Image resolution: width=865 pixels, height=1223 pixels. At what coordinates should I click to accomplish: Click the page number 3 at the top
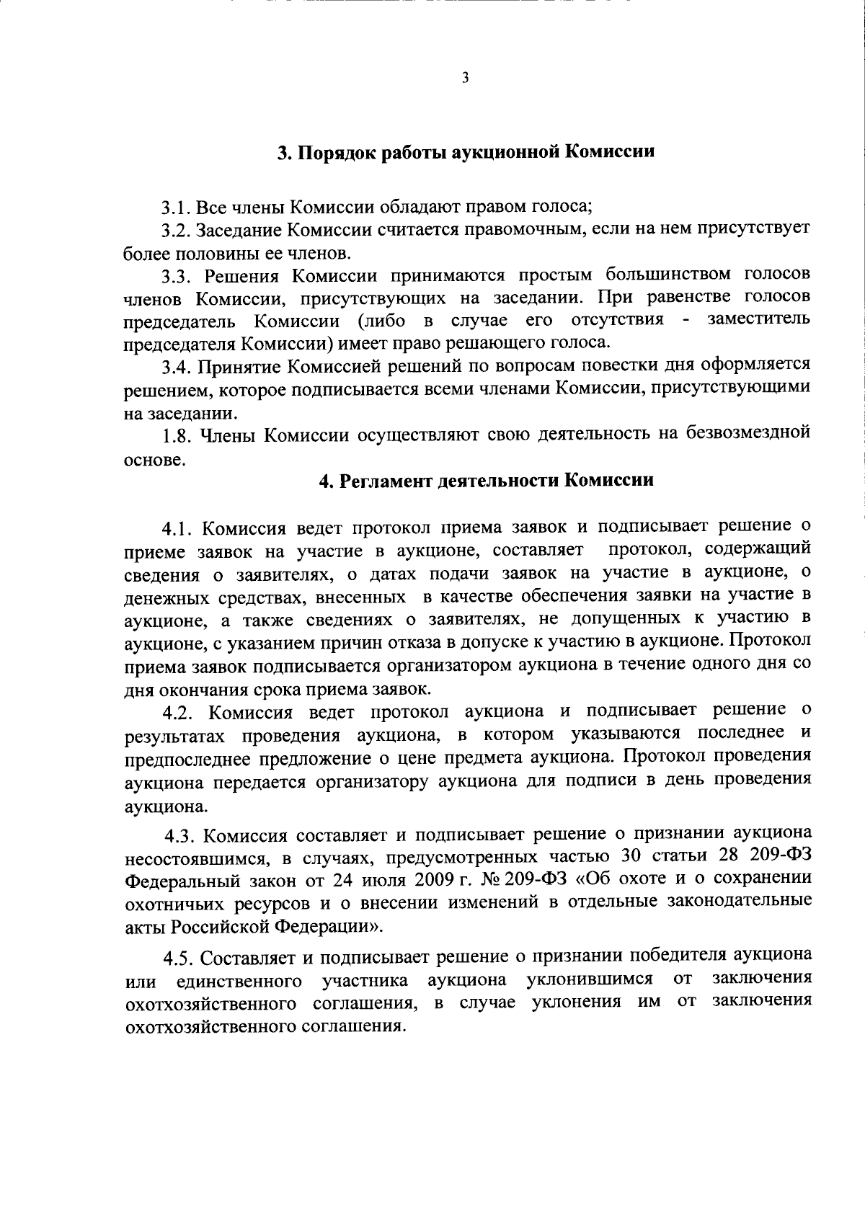pyautogui.click(x=465, y=79)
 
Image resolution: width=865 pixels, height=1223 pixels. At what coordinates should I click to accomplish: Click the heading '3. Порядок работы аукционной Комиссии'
pyautogui.click(x=466, y=153)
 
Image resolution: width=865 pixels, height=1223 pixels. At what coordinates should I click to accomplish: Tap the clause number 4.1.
pyautogui.click(x=177, y=528)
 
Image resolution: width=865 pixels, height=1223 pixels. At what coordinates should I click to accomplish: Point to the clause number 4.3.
pyautogui.click(x=180, y=837)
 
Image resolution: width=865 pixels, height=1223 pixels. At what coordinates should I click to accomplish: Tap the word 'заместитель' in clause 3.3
pyautogui.click(x=758, y=319)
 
